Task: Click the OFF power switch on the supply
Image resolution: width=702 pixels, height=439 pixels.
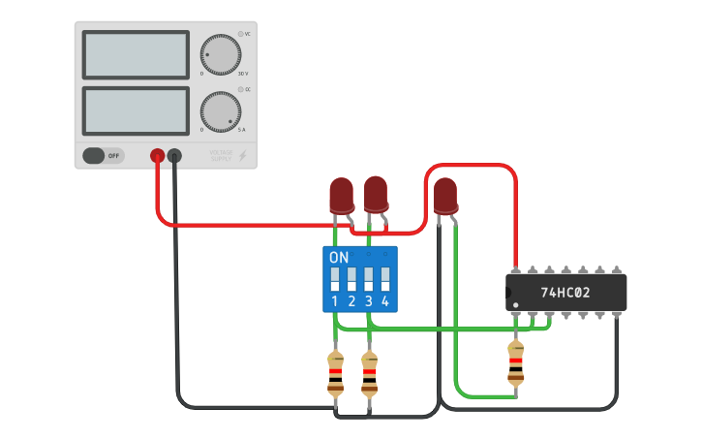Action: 103,155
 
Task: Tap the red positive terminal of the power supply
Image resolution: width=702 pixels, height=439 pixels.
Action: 157,155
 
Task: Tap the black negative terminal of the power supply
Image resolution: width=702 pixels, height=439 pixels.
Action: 174,155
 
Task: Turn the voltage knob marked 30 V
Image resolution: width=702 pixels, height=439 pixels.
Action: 221,54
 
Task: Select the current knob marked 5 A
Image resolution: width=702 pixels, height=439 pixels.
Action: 221,111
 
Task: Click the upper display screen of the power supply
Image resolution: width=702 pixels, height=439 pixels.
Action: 136,55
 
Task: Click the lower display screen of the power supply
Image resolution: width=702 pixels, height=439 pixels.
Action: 136,111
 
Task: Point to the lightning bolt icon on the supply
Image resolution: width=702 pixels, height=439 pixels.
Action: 243,155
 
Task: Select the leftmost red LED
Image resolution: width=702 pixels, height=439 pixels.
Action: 340,195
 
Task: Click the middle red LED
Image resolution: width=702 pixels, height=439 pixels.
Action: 376,193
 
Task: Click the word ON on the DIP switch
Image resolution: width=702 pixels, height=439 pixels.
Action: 339,258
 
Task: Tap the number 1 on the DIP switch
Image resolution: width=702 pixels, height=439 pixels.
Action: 335,302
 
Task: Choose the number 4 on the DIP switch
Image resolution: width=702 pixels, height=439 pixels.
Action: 385,302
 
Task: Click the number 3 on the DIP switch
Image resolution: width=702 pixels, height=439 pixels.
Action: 369,302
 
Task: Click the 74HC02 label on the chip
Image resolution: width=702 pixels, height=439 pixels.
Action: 566,292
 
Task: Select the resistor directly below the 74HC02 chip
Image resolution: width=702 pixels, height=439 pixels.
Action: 515,365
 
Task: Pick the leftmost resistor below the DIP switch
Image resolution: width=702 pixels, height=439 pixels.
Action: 335,375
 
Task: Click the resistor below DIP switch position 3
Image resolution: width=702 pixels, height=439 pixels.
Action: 369,375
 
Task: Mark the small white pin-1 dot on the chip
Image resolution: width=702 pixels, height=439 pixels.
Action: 515,305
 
